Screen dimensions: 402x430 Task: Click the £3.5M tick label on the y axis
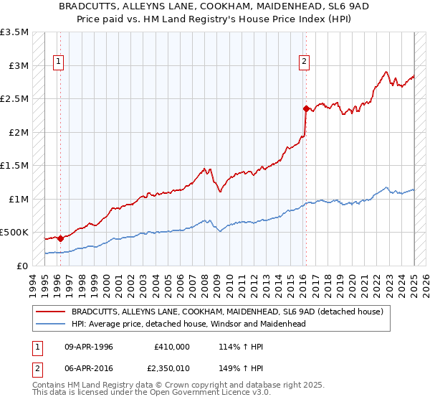point(14,33)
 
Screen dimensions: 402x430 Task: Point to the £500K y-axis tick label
point(14,233)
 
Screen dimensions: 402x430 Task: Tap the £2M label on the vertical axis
point(18,133)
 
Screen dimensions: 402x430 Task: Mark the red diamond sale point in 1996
point(60,238)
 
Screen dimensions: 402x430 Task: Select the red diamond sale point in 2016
point(305,109)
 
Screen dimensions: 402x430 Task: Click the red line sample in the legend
point(52,312)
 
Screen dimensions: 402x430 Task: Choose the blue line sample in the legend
point(52,324)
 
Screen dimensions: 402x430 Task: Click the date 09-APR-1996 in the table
point(88,347)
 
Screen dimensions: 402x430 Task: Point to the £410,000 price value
point(172,347)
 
